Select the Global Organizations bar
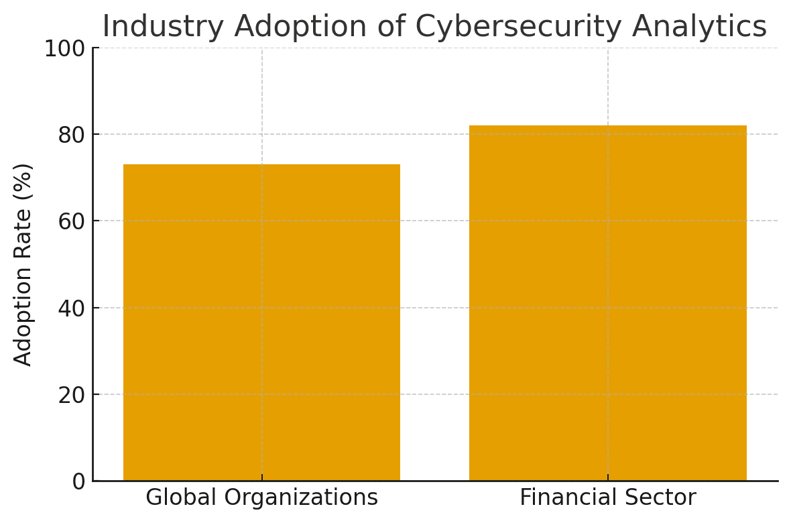(261, 322)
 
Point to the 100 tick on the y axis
(64, 49)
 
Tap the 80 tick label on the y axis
(70, 135)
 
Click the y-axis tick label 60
(70, 222)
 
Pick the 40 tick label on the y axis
(70, 308)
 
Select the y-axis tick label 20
(70, 396)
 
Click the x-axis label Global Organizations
(261, 498)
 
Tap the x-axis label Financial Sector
(607, 498)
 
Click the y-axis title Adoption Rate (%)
(23, 264)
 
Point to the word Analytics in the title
(699, 27)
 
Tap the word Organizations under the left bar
(300, 498)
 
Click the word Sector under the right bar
(663, 498)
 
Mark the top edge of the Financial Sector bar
(607, 126)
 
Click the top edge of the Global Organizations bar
(261, 165)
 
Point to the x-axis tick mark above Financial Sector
(607, 477)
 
